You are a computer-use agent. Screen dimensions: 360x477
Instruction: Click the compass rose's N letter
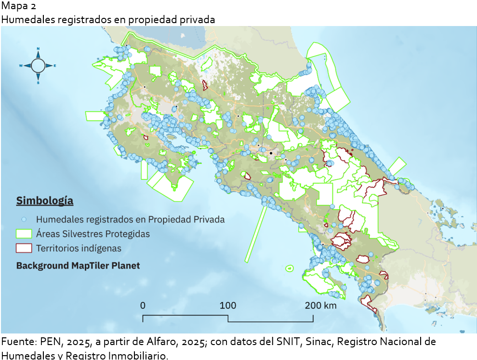38,48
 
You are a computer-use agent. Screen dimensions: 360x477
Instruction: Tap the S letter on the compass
38,82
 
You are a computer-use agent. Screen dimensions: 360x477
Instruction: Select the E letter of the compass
55,66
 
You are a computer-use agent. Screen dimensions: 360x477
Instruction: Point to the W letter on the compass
21,66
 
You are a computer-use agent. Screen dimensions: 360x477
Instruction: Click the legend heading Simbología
45,200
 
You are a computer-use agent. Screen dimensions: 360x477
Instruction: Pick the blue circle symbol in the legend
23,219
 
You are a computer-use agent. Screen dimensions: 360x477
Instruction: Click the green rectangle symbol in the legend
24,234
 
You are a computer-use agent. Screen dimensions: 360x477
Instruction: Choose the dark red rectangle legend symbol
24,248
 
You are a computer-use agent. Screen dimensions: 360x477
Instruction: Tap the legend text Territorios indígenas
79,249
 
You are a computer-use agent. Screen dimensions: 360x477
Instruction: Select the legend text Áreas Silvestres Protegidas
93,234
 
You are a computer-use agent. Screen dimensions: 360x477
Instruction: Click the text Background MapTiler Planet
78,266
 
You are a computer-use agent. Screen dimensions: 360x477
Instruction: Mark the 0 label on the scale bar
143,305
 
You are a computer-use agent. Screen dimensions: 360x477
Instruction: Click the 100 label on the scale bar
228,305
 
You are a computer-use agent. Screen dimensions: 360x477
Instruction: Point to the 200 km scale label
320,305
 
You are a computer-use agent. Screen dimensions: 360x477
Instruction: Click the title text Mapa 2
18,6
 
